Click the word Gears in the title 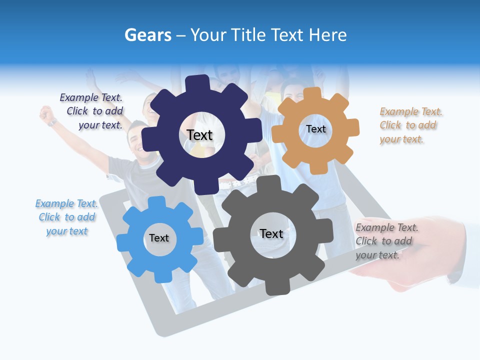coord(147,35)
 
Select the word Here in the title coord(327,35)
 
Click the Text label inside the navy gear coord(199,135)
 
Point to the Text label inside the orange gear coord(315,129)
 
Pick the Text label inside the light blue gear coord(159,238)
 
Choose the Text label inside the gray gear coord(271,233)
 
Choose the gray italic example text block coord(385,241)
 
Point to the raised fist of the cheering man coord(47,114)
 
